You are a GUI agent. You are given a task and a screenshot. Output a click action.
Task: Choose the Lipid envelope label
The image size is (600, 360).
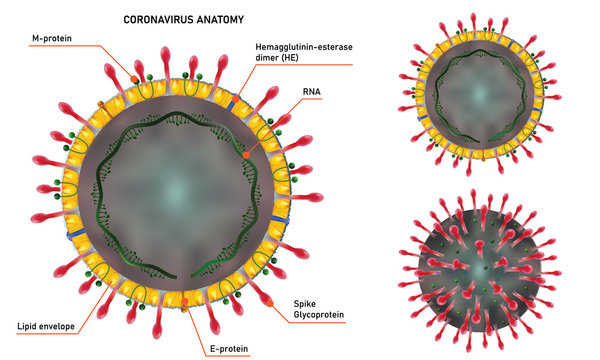[x=46, y=326]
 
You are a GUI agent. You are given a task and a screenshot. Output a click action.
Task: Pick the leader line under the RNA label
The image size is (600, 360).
[x=300, y=101]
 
